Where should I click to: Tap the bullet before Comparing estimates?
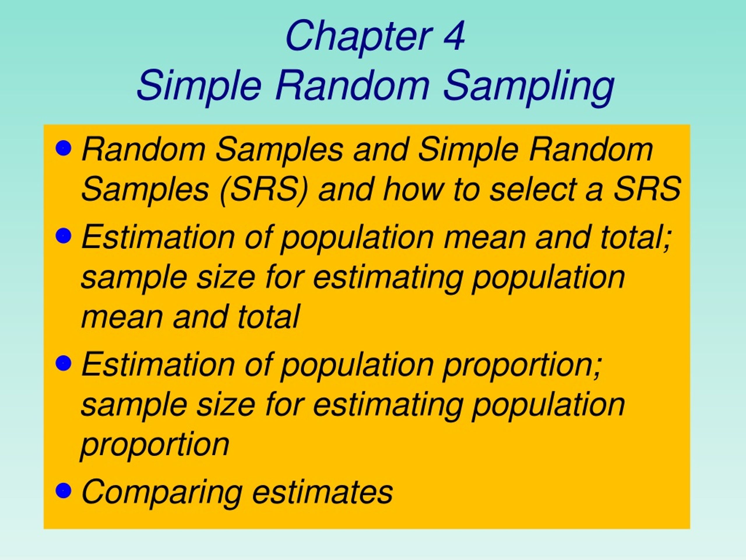(x=63, y=490)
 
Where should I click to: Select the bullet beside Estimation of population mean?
(x=63, y=235)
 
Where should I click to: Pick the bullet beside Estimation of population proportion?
(x=63, y=363)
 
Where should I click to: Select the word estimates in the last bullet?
(x=322, y=492)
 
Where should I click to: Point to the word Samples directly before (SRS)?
(x=145, y=190)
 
